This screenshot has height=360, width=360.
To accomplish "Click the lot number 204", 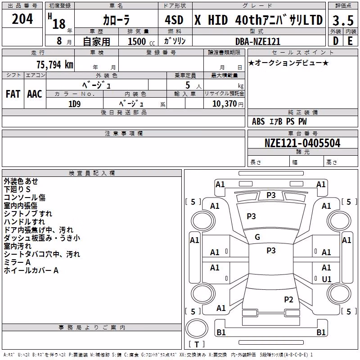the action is coord(22,19).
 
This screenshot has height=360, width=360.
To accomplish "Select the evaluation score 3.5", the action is coord(343,20).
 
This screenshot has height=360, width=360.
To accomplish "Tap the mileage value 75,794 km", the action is coord(55,65).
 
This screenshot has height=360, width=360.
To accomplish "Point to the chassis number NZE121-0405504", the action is coord(302,143).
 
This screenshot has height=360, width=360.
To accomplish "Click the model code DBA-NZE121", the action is coord(258,41).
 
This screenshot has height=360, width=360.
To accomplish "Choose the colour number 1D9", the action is coord(74,104).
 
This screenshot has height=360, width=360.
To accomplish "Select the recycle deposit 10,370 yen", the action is coord(228,104).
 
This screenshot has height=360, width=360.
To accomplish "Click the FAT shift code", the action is coord(13,94).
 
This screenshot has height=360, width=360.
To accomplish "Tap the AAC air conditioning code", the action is coord(35,94).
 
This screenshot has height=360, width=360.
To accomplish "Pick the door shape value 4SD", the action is coord(174,20).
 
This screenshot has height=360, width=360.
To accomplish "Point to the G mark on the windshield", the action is coord(257,237).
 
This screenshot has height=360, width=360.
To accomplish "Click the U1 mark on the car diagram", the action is coord(327,279).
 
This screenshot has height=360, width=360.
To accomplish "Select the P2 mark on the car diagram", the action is coord(288,299).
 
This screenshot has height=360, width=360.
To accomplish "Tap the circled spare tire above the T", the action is coord(197,328).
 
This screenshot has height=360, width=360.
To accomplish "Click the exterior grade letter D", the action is coord(336,41).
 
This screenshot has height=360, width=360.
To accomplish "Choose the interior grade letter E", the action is coord(350,41).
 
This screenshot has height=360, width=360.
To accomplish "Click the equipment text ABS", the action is coord(258,121).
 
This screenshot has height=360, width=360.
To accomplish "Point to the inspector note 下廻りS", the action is coord(17,189).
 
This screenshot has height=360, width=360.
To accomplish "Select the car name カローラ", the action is coord(117,20).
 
